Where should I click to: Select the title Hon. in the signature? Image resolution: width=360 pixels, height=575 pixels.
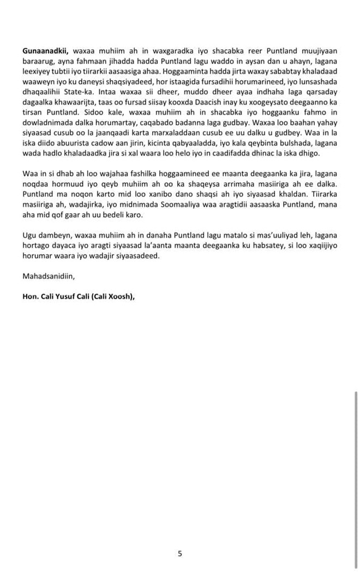pyautogui.click(x=31, y=297)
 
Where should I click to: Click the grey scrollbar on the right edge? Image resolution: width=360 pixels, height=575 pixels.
pyautogui.click(x=356, y=469)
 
